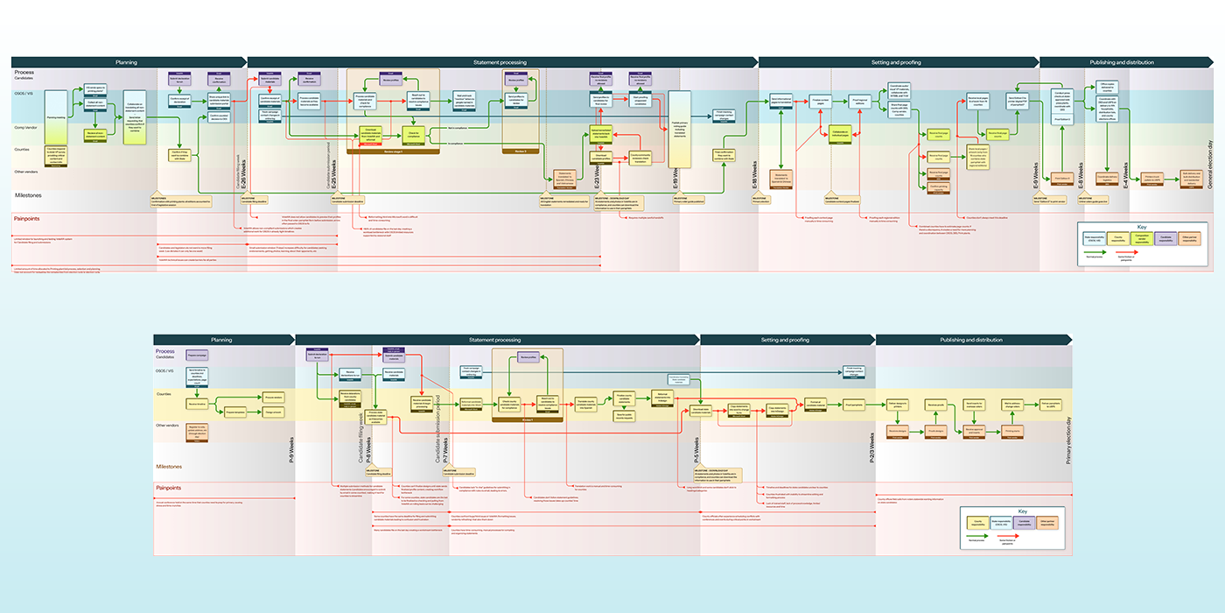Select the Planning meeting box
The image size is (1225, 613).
[x=56, y=116]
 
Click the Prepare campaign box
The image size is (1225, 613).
[x=197, y=356]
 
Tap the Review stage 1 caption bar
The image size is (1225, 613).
[x=393, y=150]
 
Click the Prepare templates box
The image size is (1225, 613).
[x=235, y=412]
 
